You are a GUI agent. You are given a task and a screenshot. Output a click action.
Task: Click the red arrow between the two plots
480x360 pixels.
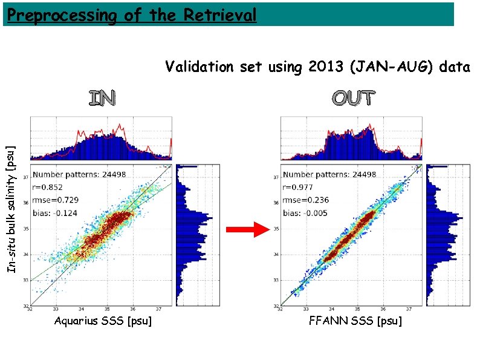pos(248,229)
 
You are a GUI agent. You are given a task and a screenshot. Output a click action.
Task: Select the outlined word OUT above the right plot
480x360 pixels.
pos(353,98)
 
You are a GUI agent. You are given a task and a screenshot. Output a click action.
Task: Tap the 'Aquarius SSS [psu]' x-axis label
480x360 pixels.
pos(103,321)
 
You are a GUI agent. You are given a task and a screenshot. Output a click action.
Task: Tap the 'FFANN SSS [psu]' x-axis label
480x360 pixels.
pos(355,321)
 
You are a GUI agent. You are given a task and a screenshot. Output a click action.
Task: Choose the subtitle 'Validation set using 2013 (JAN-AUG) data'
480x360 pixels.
pos(317,67)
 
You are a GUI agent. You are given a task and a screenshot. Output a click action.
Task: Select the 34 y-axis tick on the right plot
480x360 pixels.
pos(276,254)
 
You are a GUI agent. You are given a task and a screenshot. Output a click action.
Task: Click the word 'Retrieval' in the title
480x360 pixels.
pos(219,14)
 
